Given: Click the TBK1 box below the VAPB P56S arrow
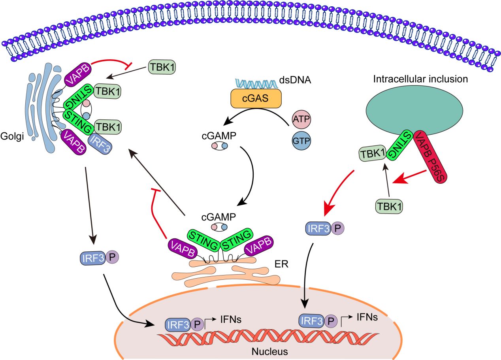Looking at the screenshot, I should pos(389,206).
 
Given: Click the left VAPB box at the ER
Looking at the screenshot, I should pos(181,248).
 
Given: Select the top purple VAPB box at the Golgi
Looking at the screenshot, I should pos(78,75).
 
